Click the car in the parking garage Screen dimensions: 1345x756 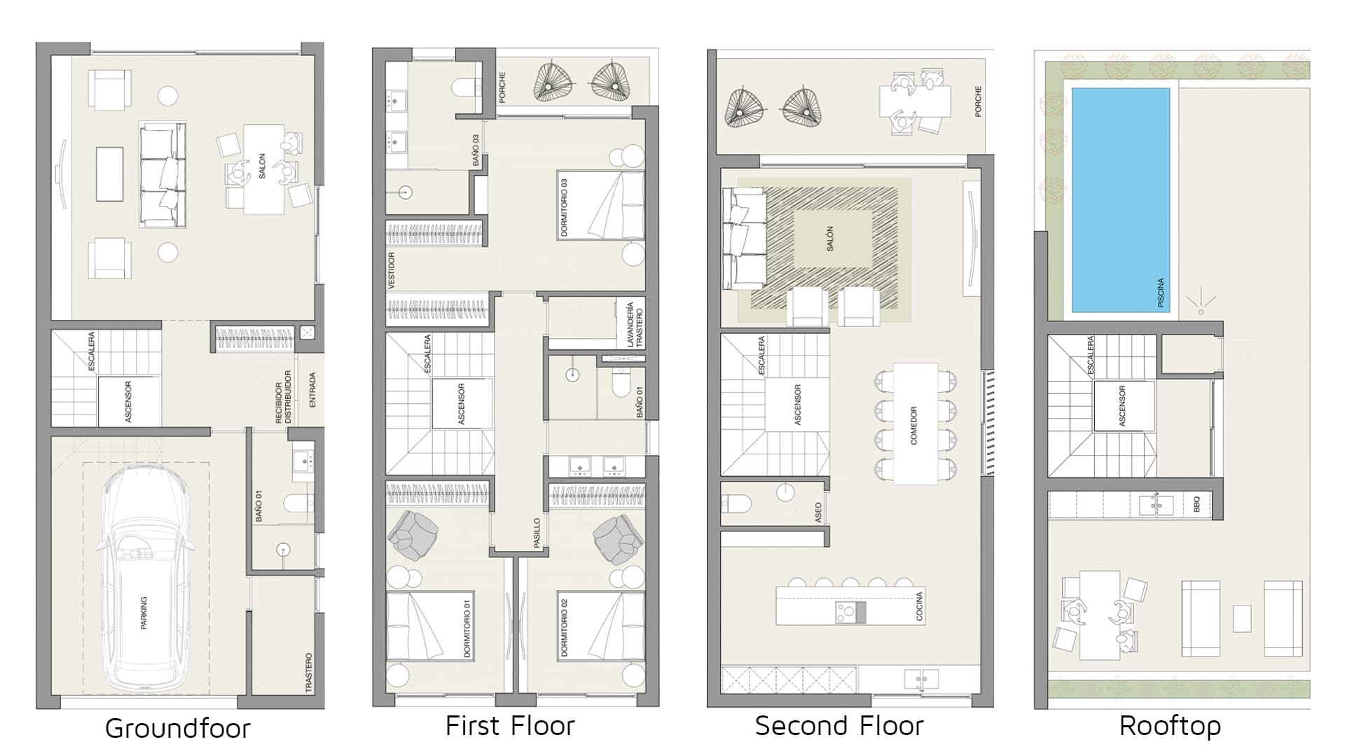pos(145,580)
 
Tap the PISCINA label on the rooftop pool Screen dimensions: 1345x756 pos(1161,293)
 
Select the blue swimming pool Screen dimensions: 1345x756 pos(1121,200)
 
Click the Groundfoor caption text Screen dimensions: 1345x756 pos(178,729)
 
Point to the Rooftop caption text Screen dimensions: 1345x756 pos(1170,727)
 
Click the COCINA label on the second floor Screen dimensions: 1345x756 pos(919,606)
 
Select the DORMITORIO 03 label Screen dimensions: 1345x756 pos(564,207)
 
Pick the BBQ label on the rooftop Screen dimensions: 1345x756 pos(1196,504)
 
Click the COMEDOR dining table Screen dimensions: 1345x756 pos(915,424)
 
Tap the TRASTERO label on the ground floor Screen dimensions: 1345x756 pos(309,673)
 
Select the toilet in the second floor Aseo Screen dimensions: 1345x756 pos(736,503)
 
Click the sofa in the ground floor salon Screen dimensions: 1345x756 pos(163,174)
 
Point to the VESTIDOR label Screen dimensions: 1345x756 pos(392,271)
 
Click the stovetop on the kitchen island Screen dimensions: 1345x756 pos(850,612)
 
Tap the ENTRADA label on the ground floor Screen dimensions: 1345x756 pos(312,390)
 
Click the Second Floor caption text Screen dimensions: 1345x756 pos(839,726)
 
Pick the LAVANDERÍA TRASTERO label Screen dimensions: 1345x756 pos(634,324)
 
